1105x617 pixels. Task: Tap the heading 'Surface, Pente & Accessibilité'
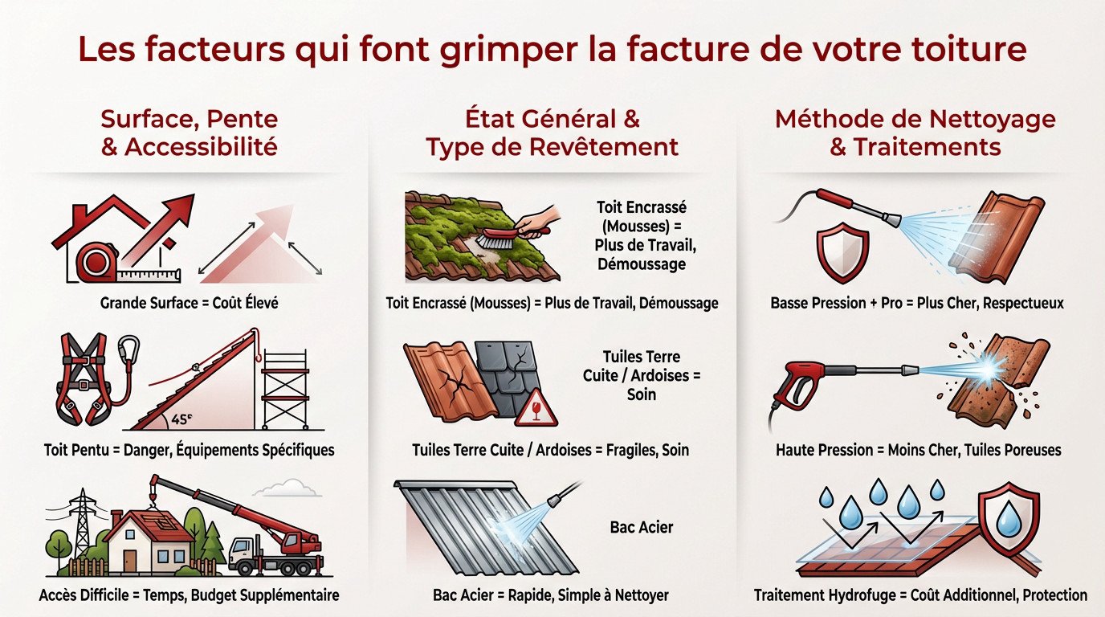click(190, 133)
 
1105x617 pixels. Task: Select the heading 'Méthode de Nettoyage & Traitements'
click(915, 133)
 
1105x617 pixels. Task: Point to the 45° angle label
click(182, 419)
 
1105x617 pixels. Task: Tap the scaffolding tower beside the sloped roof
click(285, 390)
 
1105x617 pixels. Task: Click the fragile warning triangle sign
click(536, 409)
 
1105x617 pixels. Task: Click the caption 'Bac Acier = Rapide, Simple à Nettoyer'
click(551, 595)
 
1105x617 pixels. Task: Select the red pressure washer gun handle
click(795, 385)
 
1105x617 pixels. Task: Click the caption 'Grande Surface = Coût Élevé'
click(189, 303)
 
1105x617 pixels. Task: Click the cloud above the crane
click(288, 488)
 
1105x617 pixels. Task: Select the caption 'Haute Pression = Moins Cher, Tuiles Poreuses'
click(919, 450)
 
